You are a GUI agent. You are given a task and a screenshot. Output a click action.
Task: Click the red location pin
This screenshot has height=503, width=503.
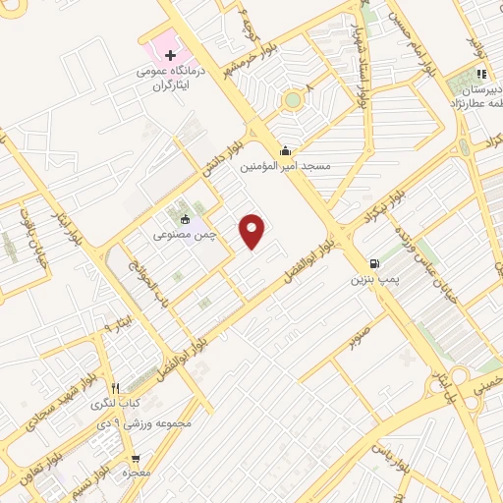pyautogui.click(x=253, y=231)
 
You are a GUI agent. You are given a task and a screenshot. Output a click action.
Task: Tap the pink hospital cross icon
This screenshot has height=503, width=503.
pyautogui.click(x=169, y=55)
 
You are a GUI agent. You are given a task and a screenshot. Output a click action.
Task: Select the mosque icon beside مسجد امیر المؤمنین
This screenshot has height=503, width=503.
pyautogui.click(x=285, y=151)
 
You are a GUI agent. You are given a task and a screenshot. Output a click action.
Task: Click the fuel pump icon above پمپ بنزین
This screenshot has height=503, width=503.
pyautogui.click(x=373, y=263)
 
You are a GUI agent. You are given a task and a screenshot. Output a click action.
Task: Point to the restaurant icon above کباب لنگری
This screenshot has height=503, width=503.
pyautogui.click(x=116, y=387)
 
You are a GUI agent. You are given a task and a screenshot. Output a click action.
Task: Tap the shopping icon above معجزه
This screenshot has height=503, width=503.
pyautogui.click(x=137, y=459)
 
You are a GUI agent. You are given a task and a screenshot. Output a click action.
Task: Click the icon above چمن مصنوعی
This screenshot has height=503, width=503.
pyautogui.click(x=184, y=219)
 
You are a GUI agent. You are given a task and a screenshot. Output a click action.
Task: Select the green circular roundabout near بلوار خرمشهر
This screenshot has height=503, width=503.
pyautogui.click(x=293, y=99)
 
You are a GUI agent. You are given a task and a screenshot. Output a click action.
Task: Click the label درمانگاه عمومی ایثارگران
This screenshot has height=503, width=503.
pyautogui.click(x=170, y=80)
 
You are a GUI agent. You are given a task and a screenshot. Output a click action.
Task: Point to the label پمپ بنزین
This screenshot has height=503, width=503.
pyautogui.click(x=373, y=280)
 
